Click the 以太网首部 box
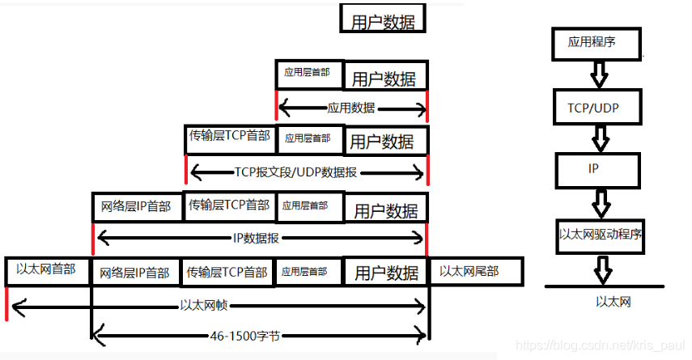pos(47,270)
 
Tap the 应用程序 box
pos(597,43)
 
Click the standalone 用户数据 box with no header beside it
pos(383,20)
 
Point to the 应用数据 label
pos(351,108)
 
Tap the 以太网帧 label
pos(202,306)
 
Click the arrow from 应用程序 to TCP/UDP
pos(599,74)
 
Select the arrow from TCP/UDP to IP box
pos(600,139)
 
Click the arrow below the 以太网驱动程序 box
pos(601,268)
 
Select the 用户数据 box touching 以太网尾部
pos(386,271)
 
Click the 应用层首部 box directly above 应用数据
pos(308,74)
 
